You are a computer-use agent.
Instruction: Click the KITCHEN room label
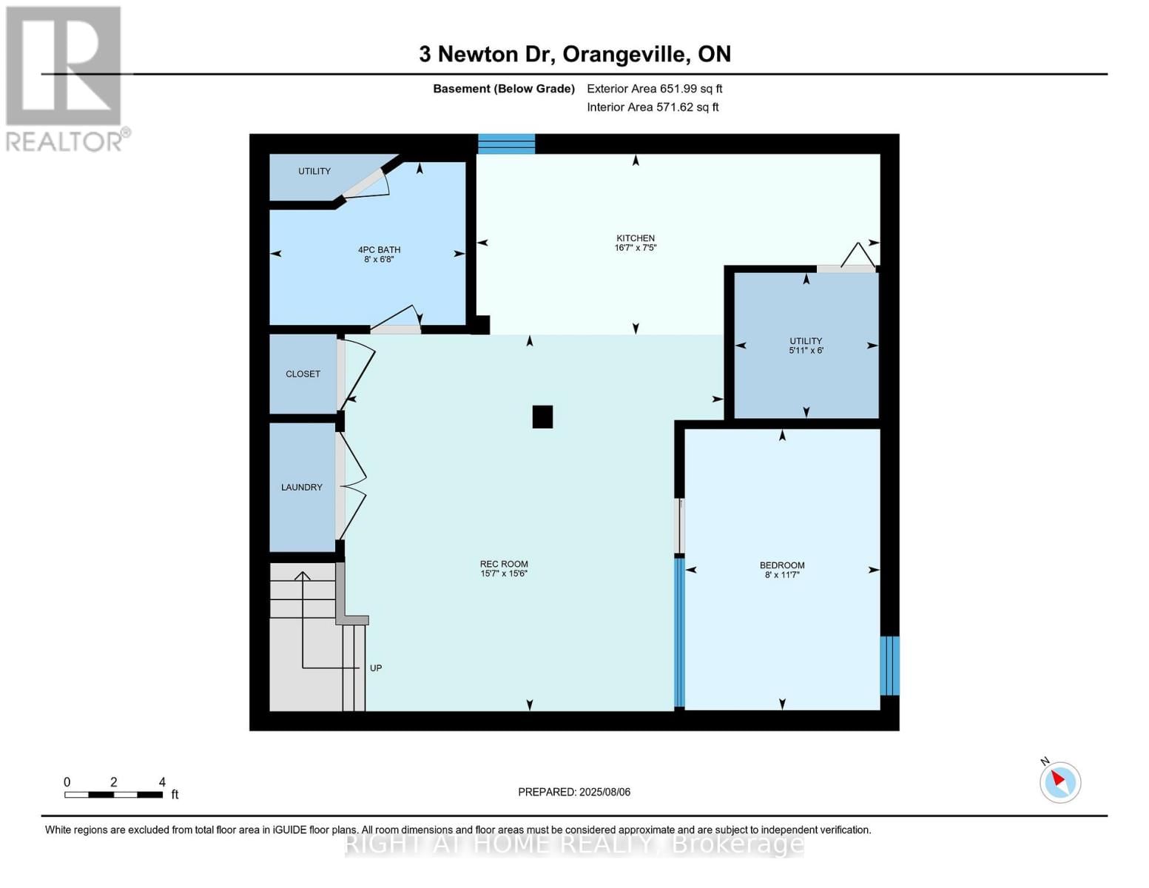point(635,238)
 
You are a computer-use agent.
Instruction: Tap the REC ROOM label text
point(504,564)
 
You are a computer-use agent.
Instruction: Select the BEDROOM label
point(782,565)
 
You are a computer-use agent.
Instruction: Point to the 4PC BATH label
point(379,250)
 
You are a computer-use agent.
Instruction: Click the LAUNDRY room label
point(302,487)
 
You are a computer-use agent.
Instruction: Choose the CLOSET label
point(303,374)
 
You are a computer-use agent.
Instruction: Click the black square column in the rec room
point(542,417)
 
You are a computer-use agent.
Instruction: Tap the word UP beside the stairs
point(376,668)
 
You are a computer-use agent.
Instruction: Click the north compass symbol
point(1059,781)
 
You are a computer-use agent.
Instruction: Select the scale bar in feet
point(113,794)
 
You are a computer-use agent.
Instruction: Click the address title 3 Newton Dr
point(574,54)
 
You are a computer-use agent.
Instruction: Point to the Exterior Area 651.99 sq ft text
point(654,89)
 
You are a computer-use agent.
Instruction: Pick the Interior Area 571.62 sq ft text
point(653,107)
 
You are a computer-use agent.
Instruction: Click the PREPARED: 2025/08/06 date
point(574,792)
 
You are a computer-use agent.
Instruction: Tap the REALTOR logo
point(65,78)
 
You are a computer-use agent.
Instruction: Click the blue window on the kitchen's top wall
point(506,144)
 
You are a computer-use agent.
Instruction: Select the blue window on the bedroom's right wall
point(889,665)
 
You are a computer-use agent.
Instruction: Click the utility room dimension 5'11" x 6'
point(806,351)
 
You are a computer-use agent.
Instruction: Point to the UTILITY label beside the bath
point(314,171)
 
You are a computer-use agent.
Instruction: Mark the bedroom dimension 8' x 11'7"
point(782,575)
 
